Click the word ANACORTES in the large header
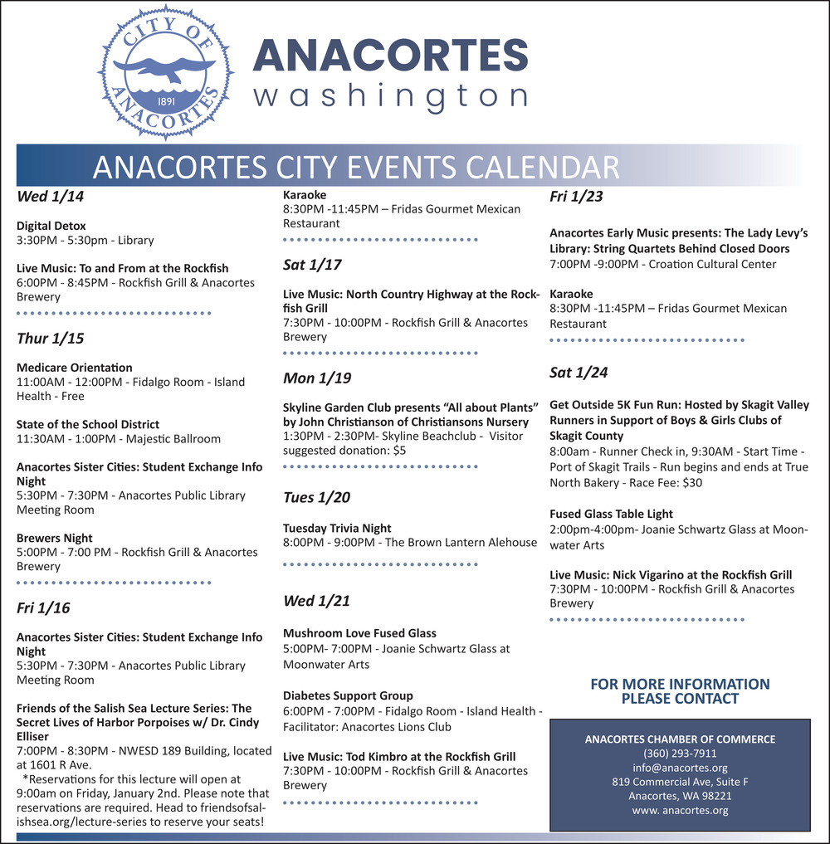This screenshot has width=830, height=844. click(x=390, y=55)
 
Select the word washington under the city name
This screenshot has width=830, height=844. click(x=390, y=95)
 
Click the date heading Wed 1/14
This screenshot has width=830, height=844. click(x=51, y=198)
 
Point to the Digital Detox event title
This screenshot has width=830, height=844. click(x=51, y=226)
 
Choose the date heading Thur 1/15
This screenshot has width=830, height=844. click(x=51, y=339)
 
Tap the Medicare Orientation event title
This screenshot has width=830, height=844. click(x=75, y=367)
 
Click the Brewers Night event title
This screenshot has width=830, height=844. click(x=55, y=538)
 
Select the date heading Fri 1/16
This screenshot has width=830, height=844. click(x=43, y=608)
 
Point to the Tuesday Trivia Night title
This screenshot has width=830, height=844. click(x=337, y=528)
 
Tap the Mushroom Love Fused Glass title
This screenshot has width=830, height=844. click(x=359, y=633)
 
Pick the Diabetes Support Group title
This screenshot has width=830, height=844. click(x=348, y=695)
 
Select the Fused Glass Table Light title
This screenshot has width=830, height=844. click(x=612, y=514)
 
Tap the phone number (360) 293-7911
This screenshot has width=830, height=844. click(x=680, y=754)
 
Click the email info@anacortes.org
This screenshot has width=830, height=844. click(x=680, y=768)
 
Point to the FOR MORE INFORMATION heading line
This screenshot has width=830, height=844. click(x=680, y=684)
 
